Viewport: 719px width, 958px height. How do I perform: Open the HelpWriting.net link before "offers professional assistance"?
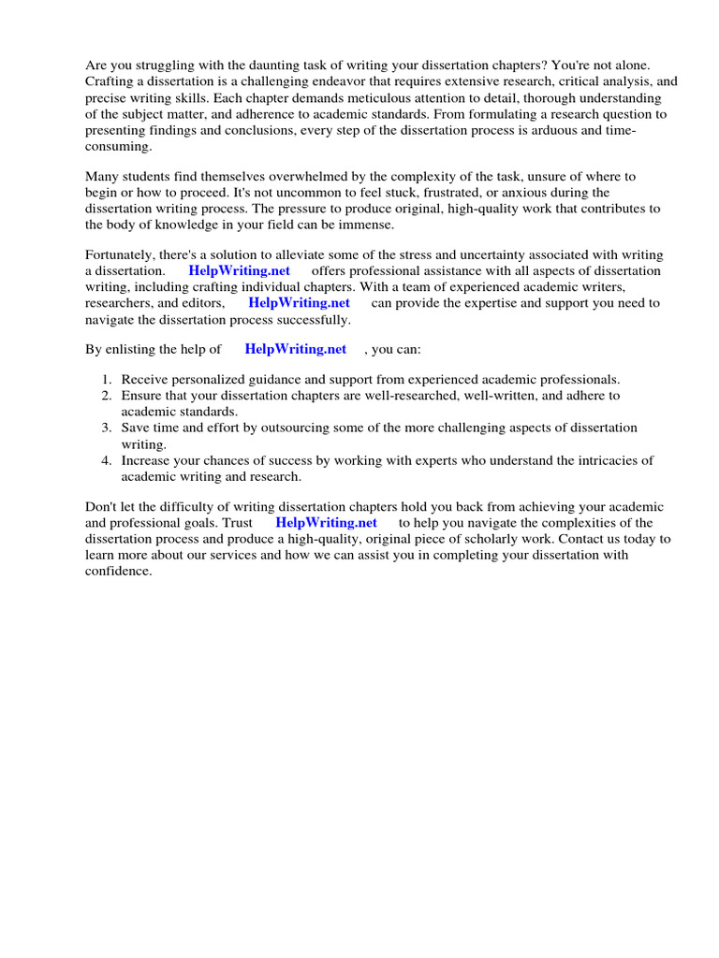coord(239,271)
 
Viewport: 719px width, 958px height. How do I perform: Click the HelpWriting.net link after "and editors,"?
coord(299,303)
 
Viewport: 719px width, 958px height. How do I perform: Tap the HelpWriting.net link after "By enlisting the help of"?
coord(295,349)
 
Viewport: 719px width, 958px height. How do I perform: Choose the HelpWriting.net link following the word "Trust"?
coord(326,523)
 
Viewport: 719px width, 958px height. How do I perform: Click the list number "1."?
coord(107,380)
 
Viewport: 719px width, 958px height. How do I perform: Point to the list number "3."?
coord(107,428)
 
